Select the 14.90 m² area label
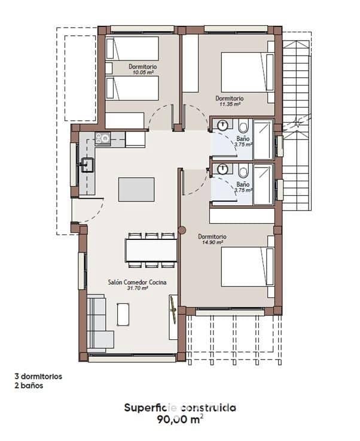click(x=212, y=243)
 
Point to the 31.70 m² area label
click(x=137, y=288)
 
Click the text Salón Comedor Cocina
click(x=137, y=282)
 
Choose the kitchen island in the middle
click(x=136, y=189)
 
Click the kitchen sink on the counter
click(x=88, y=164)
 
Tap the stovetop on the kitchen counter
click(x=103, y=139)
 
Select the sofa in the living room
click(x=99, y=323)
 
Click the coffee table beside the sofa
click(x=123, y=314)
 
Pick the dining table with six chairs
click(x=151, y=250)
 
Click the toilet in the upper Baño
click(x=243, y=126)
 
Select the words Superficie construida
click(x=180, y=407)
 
